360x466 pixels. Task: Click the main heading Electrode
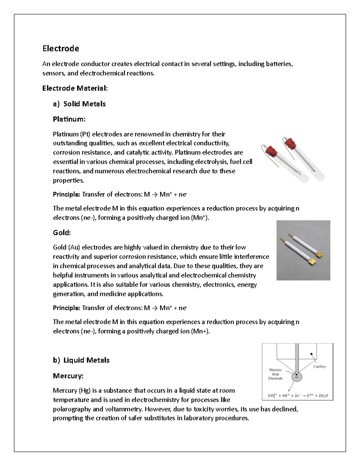61,49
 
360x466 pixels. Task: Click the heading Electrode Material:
75,88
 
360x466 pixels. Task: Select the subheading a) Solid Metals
79,104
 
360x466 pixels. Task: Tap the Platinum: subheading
69,119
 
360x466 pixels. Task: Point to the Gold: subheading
62,233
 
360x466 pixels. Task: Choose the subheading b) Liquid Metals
81,360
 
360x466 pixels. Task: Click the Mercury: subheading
68,376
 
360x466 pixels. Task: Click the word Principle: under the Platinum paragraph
66,194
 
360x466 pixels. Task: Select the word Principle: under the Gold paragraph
66,308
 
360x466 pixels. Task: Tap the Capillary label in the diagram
319,366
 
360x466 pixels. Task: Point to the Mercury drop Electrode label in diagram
275,374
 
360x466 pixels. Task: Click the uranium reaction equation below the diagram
298,395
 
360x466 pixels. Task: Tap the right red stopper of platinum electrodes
290,143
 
